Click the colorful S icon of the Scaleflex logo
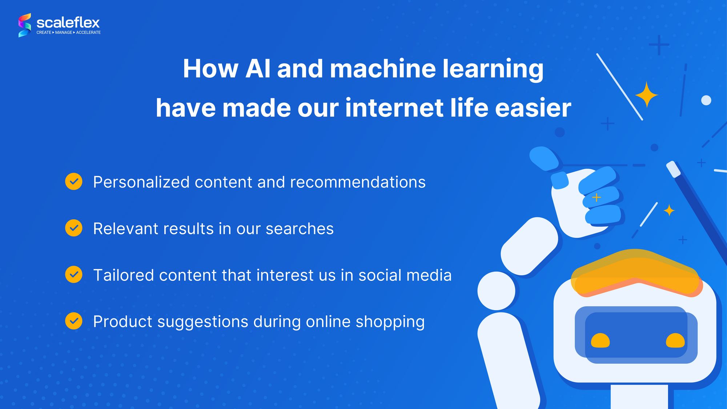pos(25,25)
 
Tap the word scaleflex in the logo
pos(68,23)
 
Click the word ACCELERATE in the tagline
pos(88,33)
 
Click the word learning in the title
pos(493,69)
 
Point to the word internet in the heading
pos(394,108)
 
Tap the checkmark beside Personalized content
pos(74,181)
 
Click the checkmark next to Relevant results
pos(74,228)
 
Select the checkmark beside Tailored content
pos(74,274)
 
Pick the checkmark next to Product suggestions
pos(74,321)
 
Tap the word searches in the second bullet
pos(300,229)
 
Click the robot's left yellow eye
pos(600,341)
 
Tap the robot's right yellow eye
pos(675,341)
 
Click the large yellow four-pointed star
pos(647,94)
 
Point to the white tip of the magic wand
pos(673,169)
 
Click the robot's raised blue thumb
pos(544,158)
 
